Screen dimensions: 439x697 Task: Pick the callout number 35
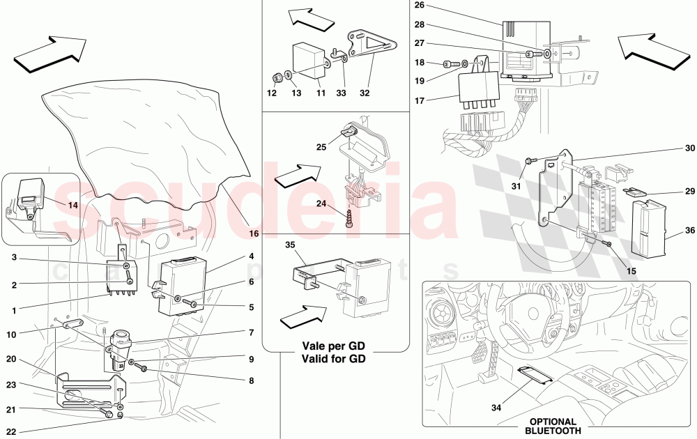[x=290, y=245]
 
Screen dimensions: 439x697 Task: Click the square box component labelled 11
[x=309, y=56]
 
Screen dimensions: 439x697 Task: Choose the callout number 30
[x=689, y=148]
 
